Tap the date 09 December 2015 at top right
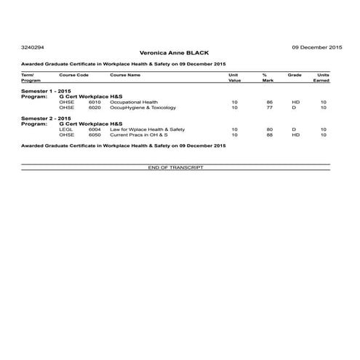pos(317,46)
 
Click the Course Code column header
pos(74,75)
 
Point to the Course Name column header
pos(125,75)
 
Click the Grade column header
pos(295,75)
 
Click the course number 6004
pos(95,129)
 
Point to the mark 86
pos(269,102)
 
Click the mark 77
pos(269,107)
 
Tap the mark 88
pos(269,135)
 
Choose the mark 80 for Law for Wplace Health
pos(269,129)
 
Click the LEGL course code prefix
pos(65,129)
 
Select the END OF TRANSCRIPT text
pos(175,167)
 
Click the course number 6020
pos(95,107)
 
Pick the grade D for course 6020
pos(295,107)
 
